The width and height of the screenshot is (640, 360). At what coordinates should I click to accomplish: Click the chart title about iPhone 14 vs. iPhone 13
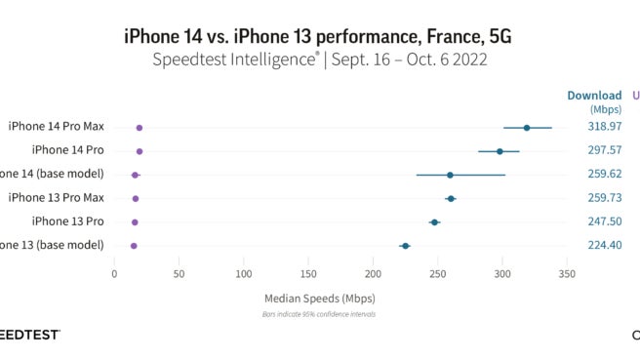pos(318,36)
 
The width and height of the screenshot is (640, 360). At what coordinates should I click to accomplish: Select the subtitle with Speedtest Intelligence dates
pos(319,60)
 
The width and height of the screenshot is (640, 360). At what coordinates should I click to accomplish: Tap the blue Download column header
pos(594,96)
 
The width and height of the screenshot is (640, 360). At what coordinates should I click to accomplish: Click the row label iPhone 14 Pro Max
pos(69,127)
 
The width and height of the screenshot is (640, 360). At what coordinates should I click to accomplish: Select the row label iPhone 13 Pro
pos(67,221)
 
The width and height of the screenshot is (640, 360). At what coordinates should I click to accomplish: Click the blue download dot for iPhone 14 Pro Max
pos(527,128)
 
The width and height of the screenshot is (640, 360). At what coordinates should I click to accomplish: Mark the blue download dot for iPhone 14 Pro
pos(500,151)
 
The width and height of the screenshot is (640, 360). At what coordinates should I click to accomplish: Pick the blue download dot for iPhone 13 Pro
pos(434,222)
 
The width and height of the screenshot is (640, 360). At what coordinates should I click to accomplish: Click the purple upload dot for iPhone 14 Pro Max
pos(140,128)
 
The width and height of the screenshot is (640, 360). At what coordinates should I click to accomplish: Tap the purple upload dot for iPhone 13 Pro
pos(135,222)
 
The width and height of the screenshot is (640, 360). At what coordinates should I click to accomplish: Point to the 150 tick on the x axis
pos(308,274)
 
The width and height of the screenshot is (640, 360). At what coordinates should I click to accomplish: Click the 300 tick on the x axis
pos(501,274)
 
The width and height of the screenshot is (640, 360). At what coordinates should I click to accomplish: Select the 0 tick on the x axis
pos(114,274)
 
